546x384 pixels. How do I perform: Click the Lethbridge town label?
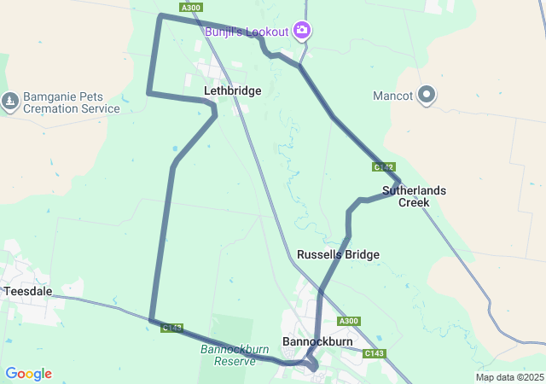(232, 90)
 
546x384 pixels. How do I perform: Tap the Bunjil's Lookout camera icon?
(301, 32)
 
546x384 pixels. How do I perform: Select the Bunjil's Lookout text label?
(247, 32)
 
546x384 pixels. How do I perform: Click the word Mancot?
(393, 95)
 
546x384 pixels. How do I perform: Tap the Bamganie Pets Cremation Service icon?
(10, 102)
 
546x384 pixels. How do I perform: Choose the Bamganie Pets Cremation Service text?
(72, 102)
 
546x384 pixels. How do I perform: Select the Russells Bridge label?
(338, 254)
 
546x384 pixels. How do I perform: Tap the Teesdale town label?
(28, 291)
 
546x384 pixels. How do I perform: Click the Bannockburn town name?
(317, 341)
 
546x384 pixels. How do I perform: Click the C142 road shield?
(383, 166)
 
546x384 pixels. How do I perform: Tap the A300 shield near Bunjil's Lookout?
(191, 8)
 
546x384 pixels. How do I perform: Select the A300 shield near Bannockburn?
(348, 321)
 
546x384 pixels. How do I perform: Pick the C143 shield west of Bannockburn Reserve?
(171, 327)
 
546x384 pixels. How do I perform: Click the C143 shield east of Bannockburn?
(374, 353)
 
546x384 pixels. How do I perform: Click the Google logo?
(28, 374)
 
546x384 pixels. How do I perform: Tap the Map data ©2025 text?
(508, 377)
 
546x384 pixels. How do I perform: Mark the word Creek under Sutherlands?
(414, 202)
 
